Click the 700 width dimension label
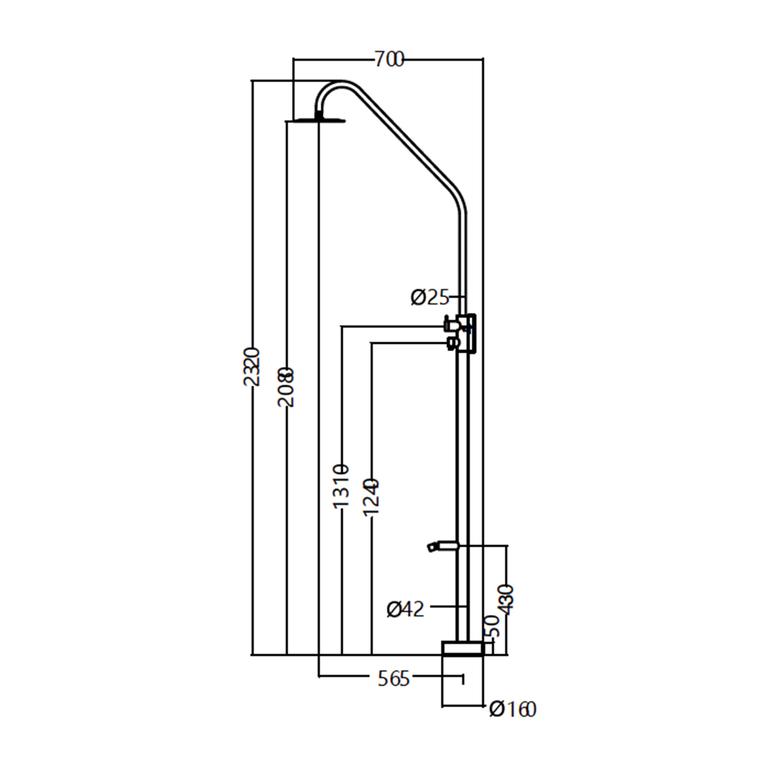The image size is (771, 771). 389,60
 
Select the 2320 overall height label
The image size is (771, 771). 252,366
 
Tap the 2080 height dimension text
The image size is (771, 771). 286,387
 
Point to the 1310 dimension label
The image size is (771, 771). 341,486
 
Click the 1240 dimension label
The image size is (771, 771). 371,497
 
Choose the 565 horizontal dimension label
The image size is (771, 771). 394,679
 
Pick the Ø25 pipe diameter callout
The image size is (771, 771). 430,297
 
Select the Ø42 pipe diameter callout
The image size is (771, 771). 406,609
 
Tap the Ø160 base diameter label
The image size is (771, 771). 512,709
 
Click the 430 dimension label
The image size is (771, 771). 507,599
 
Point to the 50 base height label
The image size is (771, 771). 492,626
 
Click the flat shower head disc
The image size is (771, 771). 315,121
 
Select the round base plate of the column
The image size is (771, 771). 463,648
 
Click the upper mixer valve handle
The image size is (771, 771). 452,323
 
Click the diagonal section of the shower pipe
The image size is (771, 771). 406,139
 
